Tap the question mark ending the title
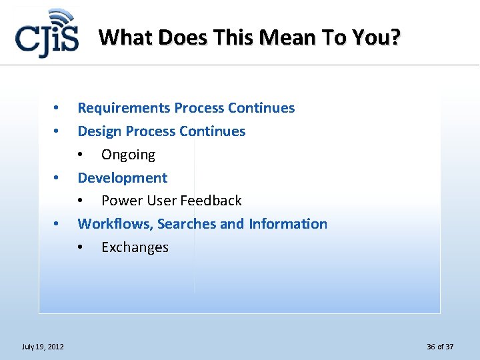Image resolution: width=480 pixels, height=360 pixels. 396,37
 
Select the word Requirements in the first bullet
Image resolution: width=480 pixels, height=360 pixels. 124,108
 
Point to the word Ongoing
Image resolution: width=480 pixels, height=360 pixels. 128,155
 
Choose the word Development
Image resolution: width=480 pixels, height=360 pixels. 123,178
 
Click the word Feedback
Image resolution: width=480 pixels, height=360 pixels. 211,201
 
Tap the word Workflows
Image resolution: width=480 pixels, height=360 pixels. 115,224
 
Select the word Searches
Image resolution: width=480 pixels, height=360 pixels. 187,224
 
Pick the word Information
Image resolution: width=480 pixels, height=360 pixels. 288,224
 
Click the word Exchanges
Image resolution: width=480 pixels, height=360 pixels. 135,247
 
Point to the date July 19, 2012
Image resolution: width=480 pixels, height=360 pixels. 43,347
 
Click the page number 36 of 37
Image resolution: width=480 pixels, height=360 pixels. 440,347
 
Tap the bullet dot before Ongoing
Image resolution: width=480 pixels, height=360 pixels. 81,155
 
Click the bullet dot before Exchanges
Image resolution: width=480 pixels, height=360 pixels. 81,248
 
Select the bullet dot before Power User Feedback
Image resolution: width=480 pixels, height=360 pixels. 81,201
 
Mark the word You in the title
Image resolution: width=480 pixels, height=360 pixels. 375,37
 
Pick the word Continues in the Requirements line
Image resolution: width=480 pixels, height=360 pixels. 261,108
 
